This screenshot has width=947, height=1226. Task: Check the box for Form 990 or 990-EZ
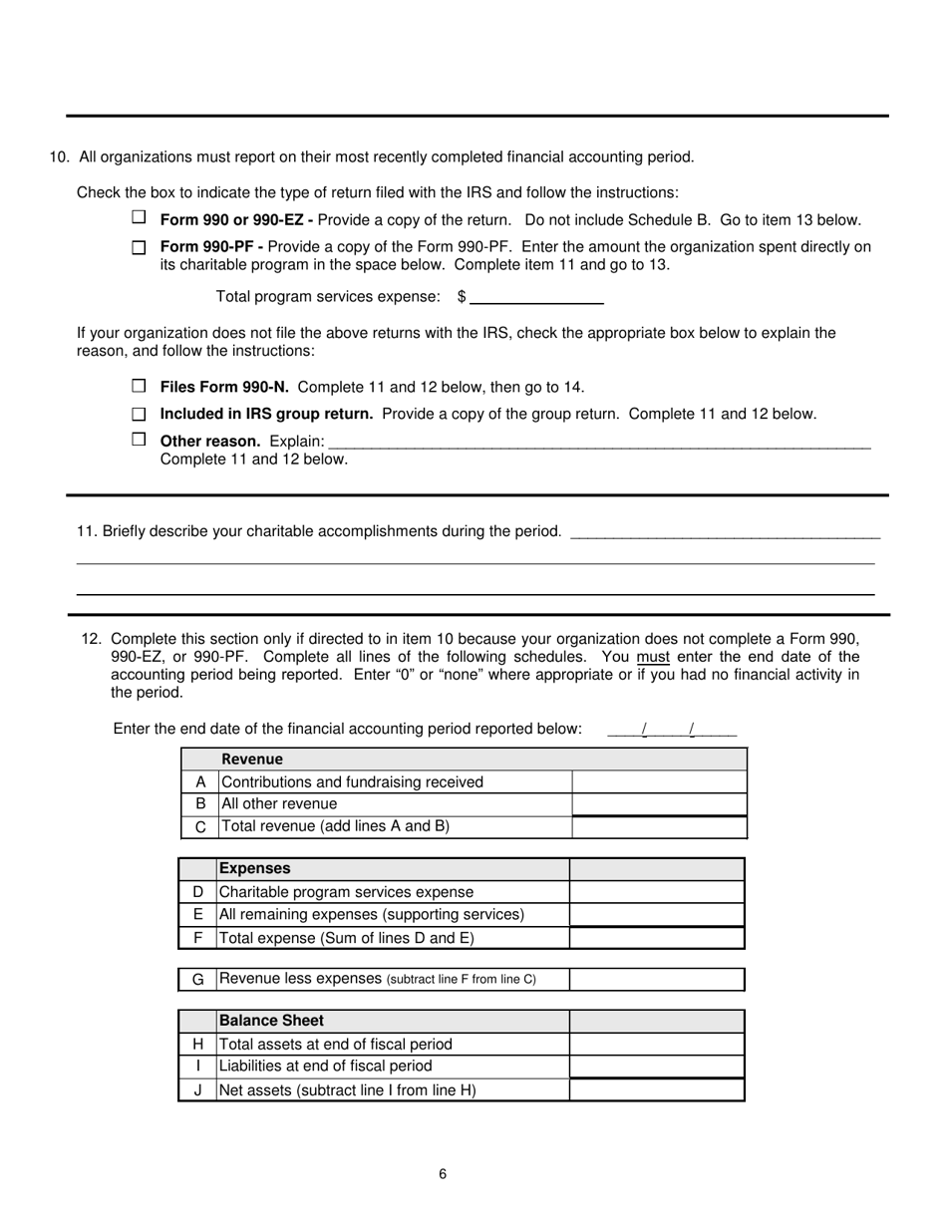[139, 217]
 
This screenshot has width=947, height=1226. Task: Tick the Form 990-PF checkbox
[139, 246]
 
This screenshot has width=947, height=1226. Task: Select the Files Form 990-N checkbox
[139, 386]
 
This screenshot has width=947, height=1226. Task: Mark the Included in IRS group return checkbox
[139, 413]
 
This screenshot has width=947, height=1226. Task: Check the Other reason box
[139, 440]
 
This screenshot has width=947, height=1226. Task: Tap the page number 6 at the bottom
[443, 1174]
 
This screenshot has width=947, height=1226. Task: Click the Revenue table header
[252, 759]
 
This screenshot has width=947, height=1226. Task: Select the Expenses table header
[254, 868]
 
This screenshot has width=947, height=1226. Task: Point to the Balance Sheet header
[271, 1021]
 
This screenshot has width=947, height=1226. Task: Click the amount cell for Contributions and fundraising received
[659, 782]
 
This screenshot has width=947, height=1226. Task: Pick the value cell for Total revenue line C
[659, 826]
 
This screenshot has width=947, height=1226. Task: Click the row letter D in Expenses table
[197, 892]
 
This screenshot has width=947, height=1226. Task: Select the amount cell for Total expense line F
[657, 938]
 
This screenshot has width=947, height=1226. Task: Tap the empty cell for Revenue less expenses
[657, 980]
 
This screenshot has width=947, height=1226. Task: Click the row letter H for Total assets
[197, 1045]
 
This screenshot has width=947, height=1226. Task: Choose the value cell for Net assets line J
[657, 1090]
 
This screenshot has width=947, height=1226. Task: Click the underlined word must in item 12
[653, 657]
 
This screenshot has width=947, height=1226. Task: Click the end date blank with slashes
[671, 730]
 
